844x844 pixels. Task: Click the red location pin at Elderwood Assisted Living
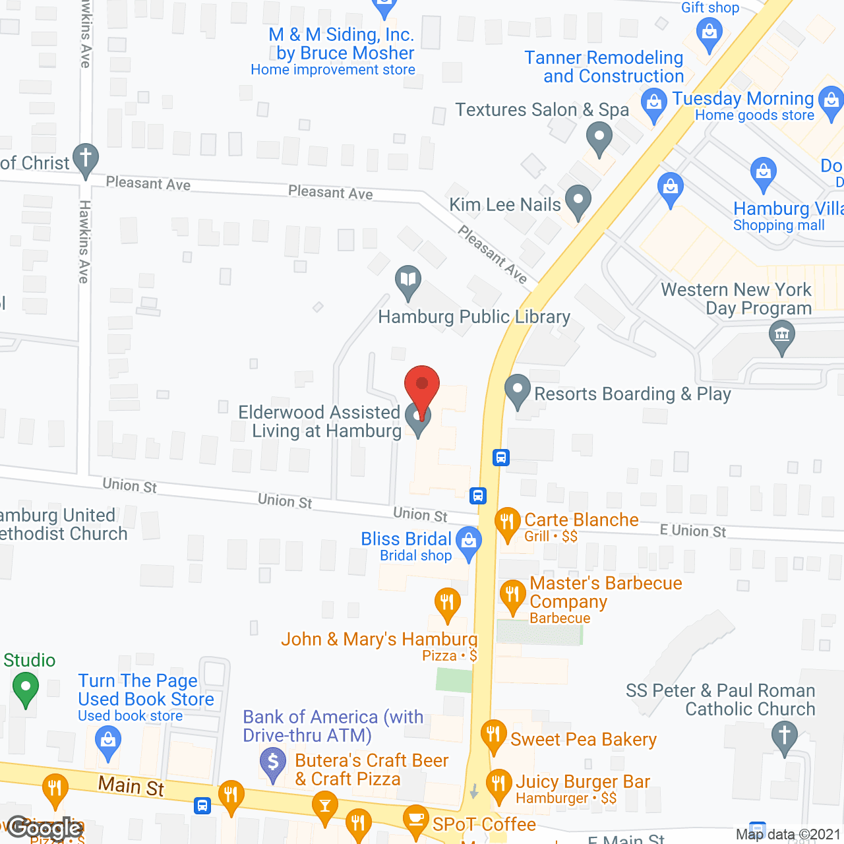coord(421,386)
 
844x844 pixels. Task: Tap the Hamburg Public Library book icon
coord(408,281)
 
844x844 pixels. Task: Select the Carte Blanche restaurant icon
coord(507,522)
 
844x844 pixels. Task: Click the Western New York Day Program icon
coord(782,335)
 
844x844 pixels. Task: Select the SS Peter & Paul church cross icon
coord(784,735)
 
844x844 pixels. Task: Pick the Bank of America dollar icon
coord(273,764)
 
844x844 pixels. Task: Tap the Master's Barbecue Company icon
coord(512,595)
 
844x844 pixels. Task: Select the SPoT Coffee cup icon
coord(415,820)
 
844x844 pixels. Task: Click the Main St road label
coord(131,785)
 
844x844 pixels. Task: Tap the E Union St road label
coord(692,531)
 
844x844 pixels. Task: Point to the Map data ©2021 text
coord(788,834)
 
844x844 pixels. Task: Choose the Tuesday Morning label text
coord(743,99)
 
